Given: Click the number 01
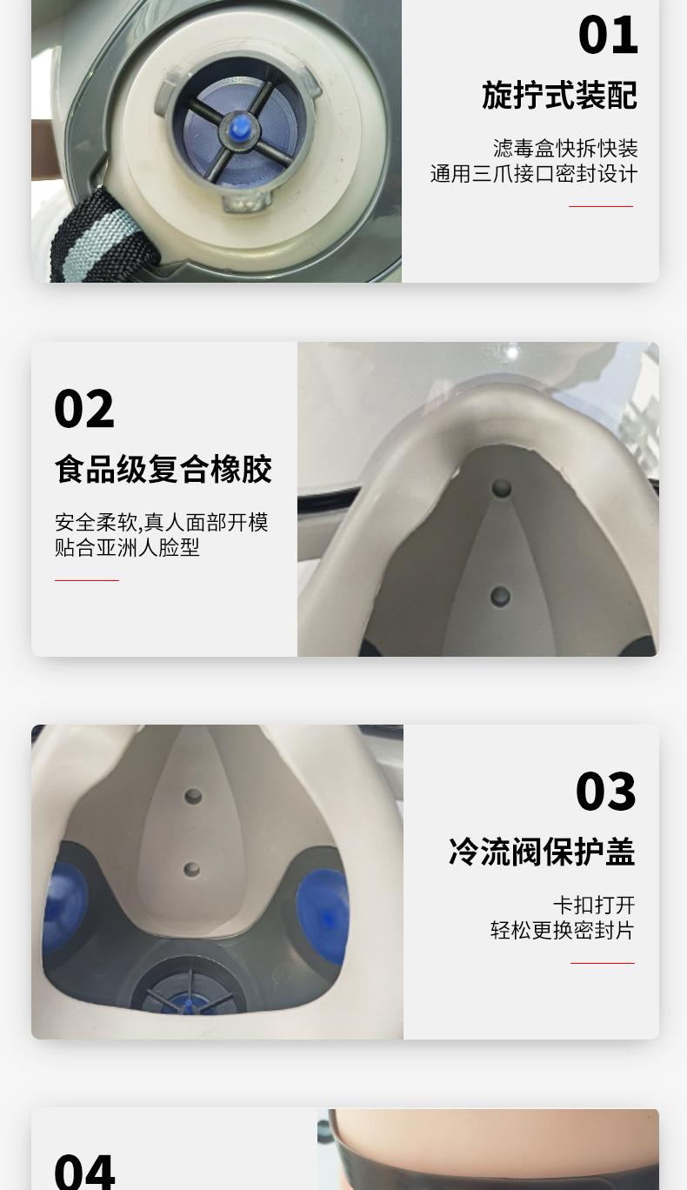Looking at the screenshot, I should pos(607,36).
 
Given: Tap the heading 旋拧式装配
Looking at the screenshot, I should pos(559,96).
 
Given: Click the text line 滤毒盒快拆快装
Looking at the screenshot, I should pos(565,149).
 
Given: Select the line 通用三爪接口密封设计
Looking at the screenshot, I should pos(533,174).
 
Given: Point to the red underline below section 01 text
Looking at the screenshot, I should pos(600,207).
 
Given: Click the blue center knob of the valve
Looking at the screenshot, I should pos(239,128).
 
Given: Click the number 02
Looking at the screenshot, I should pos(83,409).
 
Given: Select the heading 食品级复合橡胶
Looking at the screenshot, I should pos(163,470).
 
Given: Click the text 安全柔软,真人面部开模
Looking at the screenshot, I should pos(162,523).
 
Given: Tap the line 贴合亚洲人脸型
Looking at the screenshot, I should pos(127,548).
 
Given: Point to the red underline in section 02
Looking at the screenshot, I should pos(86,580).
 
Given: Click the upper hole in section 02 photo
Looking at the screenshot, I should pos(502,488).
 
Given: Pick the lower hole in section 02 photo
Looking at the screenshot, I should pos(500,596).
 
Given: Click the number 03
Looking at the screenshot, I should pos(605,792).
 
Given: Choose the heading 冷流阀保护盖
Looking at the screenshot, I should pos(541,852).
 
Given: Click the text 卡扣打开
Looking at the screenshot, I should pos(594,906).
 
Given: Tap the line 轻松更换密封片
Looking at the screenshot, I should pos(562,931).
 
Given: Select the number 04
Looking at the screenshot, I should pos(83,1170).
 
